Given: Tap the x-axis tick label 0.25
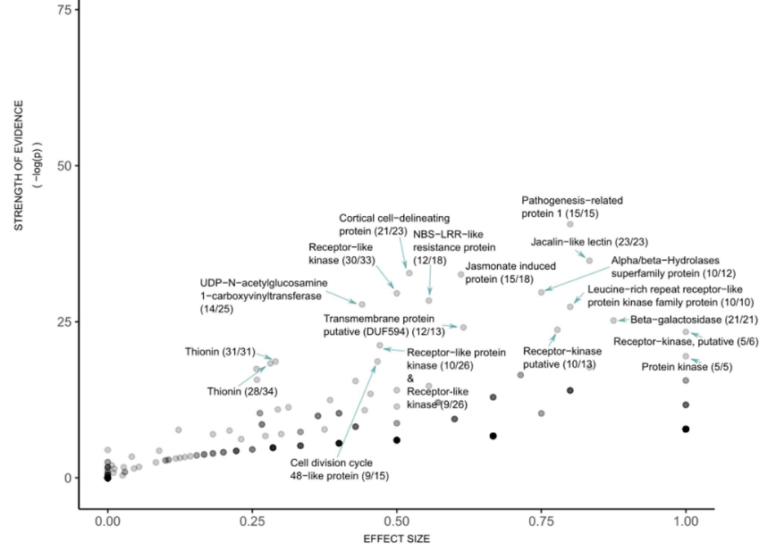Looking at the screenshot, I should [252, 520].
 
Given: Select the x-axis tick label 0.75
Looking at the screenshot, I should [541, 520].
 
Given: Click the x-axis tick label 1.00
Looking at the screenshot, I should [686, 520].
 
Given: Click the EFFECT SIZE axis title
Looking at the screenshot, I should [396, 539].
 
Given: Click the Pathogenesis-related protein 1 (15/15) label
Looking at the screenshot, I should [571, 207].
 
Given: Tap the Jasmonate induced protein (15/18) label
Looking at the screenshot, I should [510, 273].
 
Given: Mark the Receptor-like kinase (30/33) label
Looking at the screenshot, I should [342, 254].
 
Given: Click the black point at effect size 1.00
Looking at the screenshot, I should [686, 429].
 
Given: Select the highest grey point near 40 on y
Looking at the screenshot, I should [570, 224].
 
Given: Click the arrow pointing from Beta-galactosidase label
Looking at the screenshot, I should [623, 320].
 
